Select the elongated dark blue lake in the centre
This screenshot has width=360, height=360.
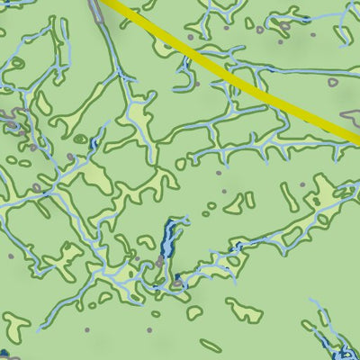pos(167,240)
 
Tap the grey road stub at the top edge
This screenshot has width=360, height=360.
pos(95,8)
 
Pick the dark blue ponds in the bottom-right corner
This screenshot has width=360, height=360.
pos(342,349)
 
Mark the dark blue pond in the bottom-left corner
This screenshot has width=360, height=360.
pos(4,354)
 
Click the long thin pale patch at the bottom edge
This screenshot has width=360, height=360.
pos(211,344)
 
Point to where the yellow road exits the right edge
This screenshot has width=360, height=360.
pos(355,139)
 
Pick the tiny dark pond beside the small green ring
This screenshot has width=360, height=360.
pos(94,143)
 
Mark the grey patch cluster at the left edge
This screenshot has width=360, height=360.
pos(9,117)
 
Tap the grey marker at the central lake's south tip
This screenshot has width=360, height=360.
pos(160,262)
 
